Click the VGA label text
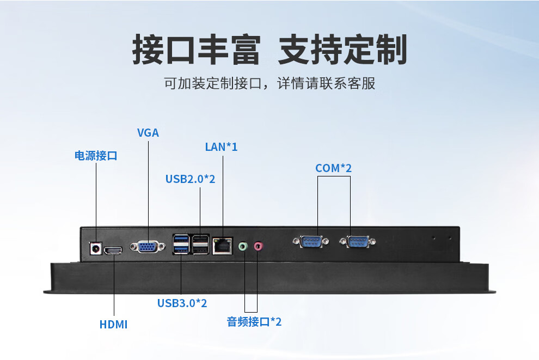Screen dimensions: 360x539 [x=148, y=132]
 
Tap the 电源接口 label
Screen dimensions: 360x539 [x=96, y=156]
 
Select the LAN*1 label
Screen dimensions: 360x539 [x=221, y=147]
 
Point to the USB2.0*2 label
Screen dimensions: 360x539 [x=191, y=179]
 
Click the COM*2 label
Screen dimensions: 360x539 [x=333, y=168]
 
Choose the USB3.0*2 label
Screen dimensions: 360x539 [x=182, y=303]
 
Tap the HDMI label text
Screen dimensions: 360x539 [x=113, y=325]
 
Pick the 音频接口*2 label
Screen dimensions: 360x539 [x=254, y=321]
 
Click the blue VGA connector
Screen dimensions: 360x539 [x=148, y=247]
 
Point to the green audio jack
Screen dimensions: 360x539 [x=243, y=247]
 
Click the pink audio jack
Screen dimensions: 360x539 [x=259, y=247]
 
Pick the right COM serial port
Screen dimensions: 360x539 [x=357, y=241]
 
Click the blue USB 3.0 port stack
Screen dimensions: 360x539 [x=181, y=244]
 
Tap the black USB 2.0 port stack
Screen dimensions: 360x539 [x=200, y=244]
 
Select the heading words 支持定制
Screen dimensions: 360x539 [x=342, y=51]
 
